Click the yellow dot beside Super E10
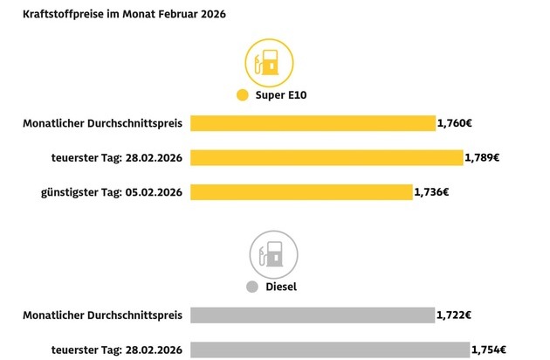click(x=243, y=95)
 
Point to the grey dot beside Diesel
click(x=252, y=287)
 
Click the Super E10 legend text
click(x=277, y=95)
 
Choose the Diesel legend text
click(x=281, y=287)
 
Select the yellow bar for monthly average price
click(x=312, y=124)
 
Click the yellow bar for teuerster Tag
click(x=326, y=157)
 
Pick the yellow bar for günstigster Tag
click(x=301, y=191)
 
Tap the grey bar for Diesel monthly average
click(x=312, y=315)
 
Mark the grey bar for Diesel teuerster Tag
click(x=329, y=349)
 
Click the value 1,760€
click(x=455, y=124)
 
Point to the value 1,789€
click(x=483, y=157)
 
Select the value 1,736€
click(x=431, y=191)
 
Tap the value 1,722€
click(x=454, y=315)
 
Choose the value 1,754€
click(x=489, y=349)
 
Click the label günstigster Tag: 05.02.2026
click(x=111, y=191)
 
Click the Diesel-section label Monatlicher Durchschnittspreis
click(x=102, y=315)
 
